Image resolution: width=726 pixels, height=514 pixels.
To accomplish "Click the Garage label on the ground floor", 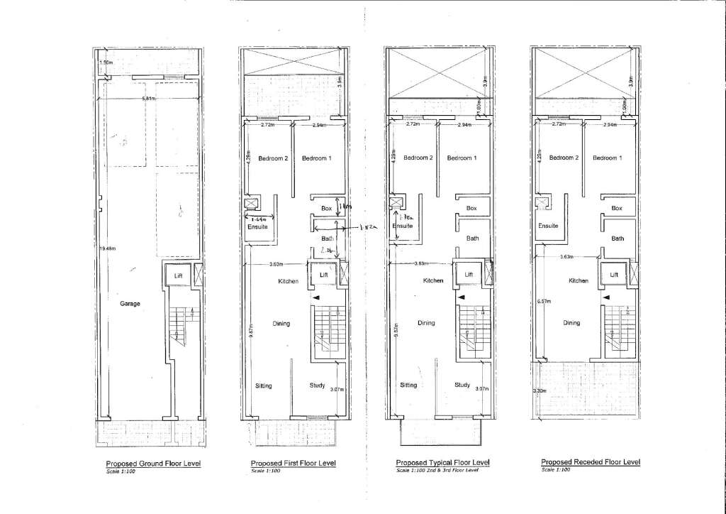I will click(130, 303).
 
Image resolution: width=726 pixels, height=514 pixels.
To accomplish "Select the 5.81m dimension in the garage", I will click(148, 97).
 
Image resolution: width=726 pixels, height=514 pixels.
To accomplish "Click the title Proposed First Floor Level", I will click(293, 463).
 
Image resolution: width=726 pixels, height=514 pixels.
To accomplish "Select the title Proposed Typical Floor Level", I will click(442, 462).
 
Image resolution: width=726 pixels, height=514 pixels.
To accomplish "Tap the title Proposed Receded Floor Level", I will click(591, 461).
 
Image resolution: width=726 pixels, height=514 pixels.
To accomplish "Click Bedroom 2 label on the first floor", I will click(272, 158).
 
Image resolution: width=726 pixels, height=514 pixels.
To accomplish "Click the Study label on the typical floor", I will click(462, 385).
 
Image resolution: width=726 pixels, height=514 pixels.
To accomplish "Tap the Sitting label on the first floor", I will click(264, 385).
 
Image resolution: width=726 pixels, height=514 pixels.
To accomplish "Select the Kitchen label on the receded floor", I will click(579, 280).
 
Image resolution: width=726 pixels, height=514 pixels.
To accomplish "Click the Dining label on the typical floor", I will click(426, 323).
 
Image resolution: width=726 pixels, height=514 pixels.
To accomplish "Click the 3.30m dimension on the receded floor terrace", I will click(540, 390).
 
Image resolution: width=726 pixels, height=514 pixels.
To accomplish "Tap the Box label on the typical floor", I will click(471, 208).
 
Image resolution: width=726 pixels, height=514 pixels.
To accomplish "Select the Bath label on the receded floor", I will click(618, 239).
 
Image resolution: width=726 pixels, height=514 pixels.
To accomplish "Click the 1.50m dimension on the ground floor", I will click(107, 62).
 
